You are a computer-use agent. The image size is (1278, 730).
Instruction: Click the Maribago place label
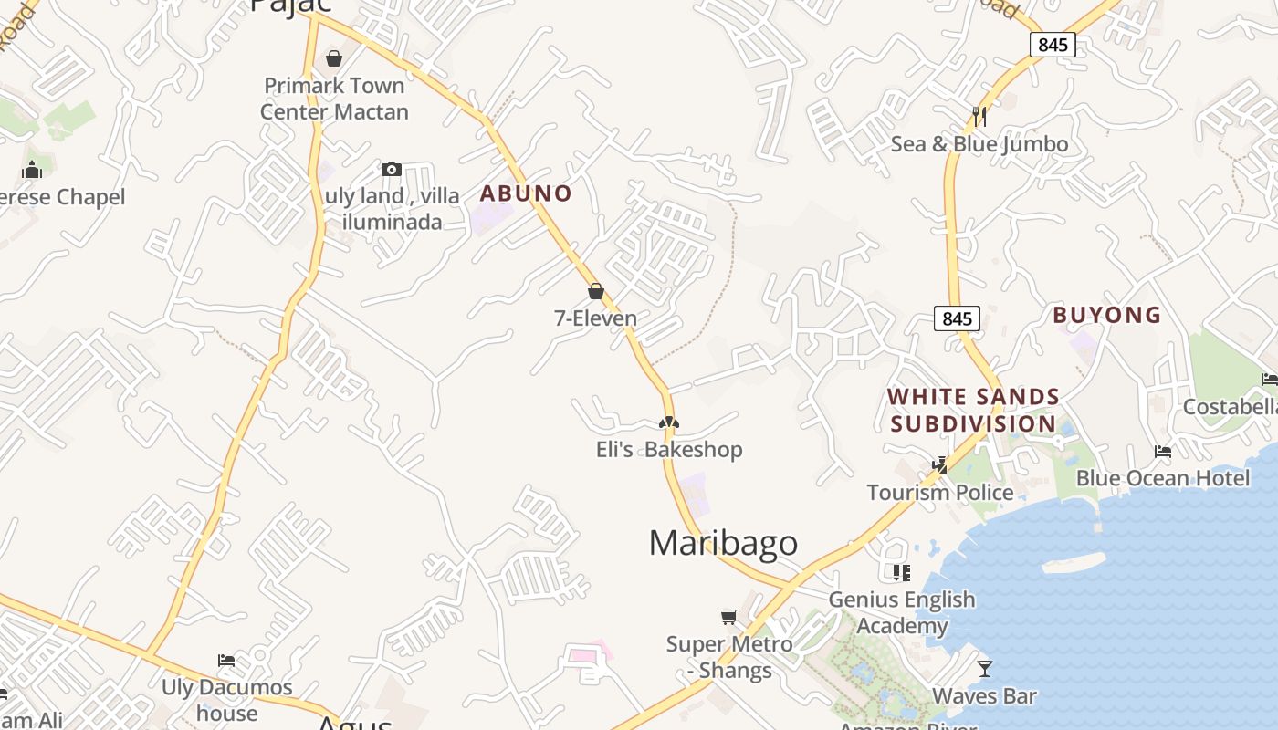point(723,543)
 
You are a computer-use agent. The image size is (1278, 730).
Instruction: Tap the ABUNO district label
point(526,193)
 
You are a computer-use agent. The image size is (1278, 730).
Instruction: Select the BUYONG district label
point(1106,315)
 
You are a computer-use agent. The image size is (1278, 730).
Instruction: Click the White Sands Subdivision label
point(973,411)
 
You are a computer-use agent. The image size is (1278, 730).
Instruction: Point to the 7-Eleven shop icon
point(596,291)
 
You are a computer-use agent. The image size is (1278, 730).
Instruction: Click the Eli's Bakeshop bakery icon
point(669,422)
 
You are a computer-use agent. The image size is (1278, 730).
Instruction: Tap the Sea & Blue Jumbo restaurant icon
point(979,116)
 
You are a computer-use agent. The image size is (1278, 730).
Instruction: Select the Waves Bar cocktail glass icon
point(984,669)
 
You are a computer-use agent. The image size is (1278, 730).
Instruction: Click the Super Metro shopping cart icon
point(728,618)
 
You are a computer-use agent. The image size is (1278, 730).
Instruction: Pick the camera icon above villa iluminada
point(392,169)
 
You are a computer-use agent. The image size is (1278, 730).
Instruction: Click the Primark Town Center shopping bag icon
point(334,58)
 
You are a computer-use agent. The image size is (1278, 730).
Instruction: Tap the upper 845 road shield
point(1053,44)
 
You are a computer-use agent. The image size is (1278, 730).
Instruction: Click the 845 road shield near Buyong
point(957,318)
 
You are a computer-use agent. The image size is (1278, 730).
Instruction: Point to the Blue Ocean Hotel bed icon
point(1162,451)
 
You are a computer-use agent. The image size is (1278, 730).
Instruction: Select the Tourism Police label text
point(939,493)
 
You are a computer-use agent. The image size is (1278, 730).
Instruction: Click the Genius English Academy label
point(901,612)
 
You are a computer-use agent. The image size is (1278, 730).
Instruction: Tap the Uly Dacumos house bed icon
point(226,660)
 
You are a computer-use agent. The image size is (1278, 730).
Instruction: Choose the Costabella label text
point(1230,406)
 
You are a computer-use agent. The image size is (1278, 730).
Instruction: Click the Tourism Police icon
point(939,464)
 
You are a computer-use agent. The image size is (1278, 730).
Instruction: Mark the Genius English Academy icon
point(902,572)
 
